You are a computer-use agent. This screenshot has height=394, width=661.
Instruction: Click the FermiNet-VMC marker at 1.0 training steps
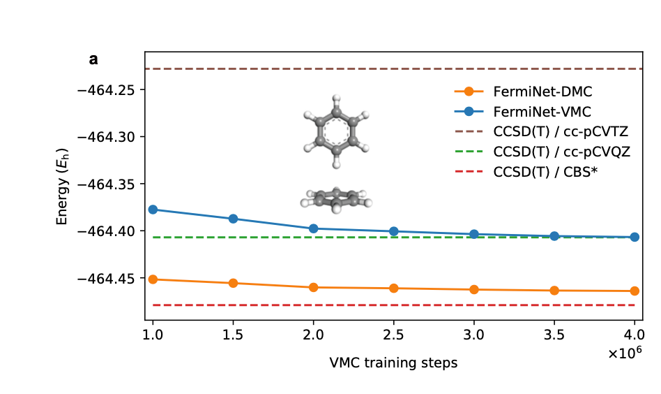(153, 210)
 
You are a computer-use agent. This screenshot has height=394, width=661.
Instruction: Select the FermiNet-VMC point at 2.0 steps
(313, 228)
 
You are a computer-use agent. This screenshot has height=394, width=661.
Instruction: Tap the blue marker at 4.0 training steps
(635, 237)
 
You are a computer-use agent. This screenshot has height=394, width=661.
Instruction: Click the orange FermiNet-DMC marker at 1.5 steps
(233, 283)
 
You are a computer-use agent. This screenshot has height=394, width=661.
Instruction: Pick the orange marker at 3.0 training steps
(474, 289)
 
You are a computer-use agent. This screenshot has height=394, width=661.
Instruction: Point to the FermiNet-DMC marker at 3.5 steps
(554, 291)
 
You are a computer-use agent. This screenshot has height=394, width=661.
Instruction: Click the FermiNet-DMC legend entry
(542, 92)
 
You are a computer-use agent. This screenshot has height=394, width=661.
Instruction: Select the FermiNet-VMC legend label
(542, 111)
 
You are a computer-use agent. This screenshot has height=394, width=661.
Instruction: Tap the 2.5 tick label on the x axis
(393, 334)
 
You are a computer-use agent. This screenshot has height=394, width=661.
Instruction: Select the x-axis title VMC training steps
(393, 363)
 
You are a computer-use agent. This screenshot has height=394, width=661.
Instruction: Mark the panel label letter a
(93, 59)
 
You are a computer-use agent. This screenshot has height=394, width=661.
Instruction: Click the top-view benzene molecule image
(335, 131)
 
